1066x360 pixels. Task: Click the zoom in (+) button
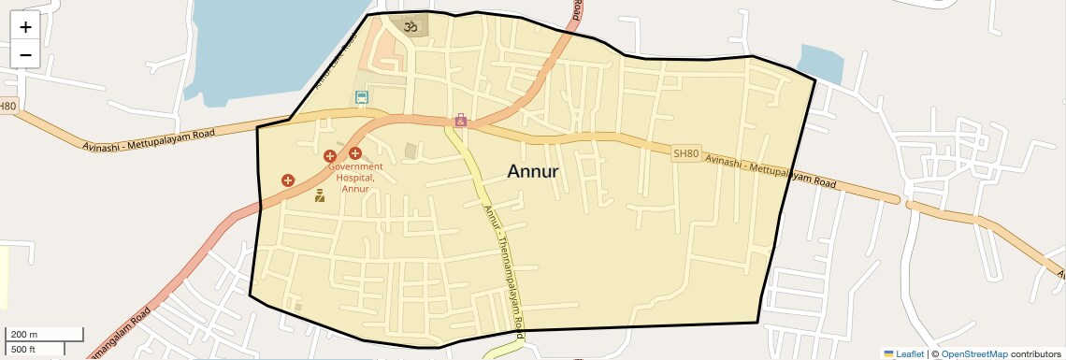tap(25, 27)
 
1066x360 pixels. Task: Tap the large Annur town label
tap(533, 171)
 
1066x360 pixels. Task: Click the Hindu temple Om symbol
tap(409, 27)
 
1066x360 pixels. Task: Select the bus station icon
tap(362, 96)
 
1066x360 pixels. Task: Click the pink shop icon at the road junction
tap(460, 121)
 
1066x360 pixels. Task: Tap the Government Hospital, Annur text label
tap(354, 178)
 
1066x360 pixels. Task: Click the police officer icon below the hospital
tap(320, 195)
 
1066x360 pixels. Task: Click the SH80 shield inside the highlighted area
tap(685, 153)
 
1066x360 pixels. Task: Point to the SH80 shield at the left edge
tap(7, 107)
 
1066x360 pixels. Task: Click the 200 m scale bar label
tap(23, 334)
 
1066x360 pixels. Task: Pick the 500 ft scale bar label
tap(23, 349)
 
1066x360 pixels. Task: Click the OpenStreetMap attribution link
tap(973, 353)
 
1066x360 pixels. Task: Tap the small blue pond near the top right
tap(820, 62)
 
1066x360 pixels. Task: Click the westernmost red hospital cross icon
tap(287, 180)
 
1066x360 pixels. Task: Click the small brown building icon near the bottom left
tap(298, 306)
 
